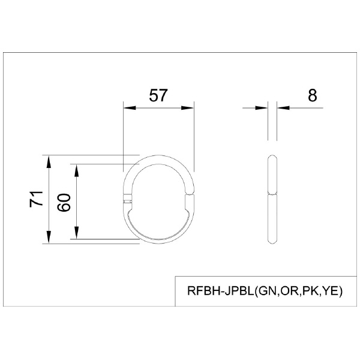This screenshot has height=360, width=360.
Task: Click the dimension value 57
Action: click(x=158, y=95)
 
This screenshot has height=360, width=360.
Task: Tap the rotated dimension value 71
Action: click(x=37, y=199)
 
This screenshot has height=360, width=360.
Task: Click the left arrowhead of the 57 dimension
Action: click(x=128, y=109)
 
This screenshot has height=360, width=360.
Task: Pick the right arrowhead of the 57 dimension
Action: click(x=190, y=109)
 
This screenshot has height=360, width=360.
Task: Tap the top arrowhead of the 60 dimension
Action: click(x=76, y=169)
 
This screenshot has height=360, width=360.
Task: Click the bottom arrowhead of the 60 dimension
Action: click(x=76, y=233)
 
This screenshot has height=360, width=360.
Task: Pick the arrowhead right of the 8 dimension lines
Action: click(x=283, y=109)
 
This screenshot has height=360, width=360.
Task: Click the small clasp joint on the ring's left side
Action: click(x=126, y=197)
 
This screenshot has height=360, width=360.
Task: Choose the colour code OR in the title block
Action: click(x=290, y=292)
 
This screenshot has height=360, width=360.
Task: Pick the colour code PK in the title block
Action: click(x=310, y=292)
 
